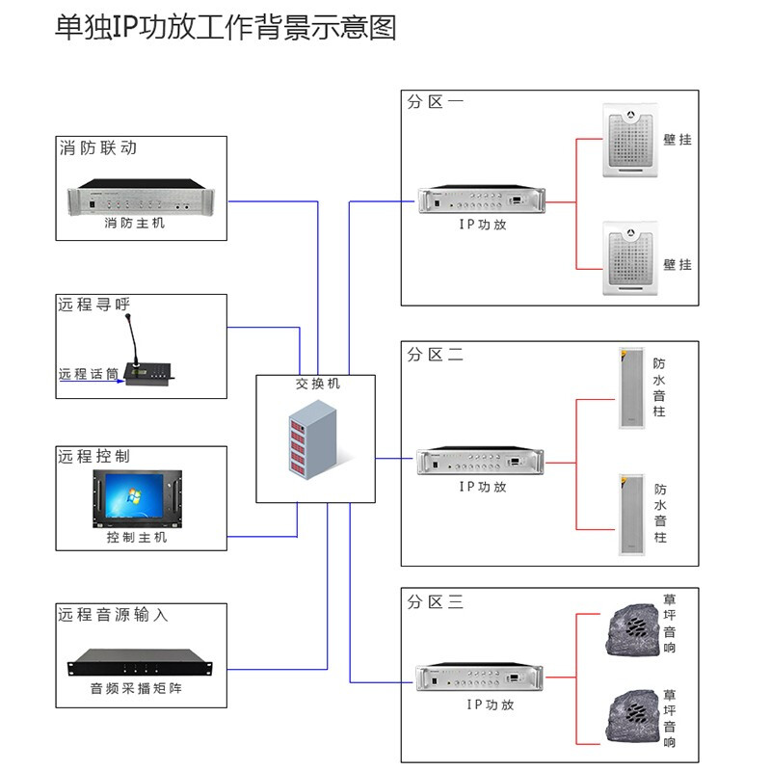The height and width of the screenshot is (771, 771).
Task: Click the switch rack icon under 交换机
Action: [x=314, y=441]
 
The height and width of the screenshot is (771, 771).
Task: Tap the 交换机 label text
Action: [x=317, y=384]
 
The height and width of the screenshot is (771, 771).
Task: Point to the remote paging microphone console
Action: [x=148, y=361]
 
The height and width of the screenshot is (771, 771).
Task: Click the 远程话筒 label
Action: [x=89, y=374]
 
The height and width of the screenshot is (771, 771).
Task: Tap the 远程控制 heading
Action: [x=93, y=456]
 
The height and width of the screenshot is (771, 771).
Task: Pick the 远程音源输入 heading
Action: [x=113, y=614]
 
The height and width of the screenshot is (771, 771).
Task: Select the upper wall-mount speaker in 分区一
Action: [x=628, y=140]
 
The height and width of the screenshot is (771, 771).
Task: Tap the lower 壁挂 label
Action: [x=678, y=264]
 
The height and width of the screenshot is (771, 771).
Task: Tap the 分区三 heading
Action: [x=435, y=602]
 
